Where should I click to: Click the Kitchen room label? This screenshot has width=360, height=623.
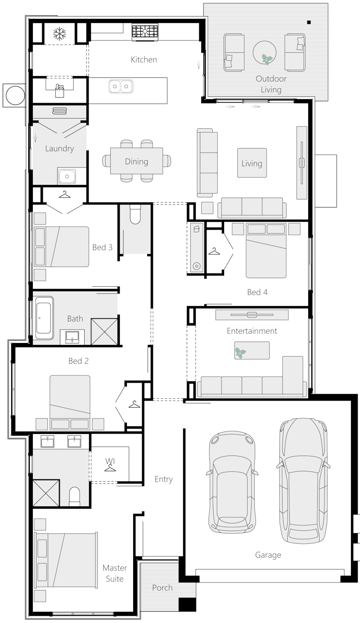[x=144, y=59]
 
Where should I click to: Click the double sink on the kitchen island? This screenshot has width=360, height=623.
[x=121, y=86]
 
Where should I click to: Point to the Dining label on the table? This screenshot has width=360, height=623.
[x=136, y=162]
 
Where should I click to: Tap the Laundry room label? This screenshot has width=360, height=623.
[x=59, y=149]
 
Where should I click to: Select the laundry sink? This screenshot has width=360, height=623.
[x=67, y=176]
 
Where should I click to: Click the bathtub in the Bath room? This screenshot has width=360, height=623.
[x=44, y=318]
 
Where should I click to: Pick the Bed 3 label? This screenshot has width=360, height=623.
[x=102, y=247]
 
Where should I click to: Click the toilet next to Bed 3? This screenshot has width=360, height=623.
[x=135, y=215]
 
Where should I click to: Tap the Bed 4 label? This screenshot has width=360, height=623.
[x=257, y=292]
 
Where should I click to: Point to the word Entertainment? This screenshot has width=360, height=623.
[x=252, y=331]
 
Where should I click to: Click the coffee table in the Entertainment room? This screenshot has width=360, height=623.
[x=252, y=350]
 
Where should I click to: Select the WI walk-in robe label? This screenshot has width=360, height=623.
[x=110, y=461]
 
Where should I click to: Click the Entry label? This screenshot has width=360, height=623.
[x=163, y=479]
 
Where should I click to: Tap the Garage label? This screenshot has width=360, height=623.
[x=268, y=555]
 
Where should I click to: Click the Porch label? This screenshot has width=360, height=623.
[x=162, y=587]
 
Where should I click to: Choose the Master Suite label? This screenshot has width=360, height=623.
[x=115, y=573]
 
